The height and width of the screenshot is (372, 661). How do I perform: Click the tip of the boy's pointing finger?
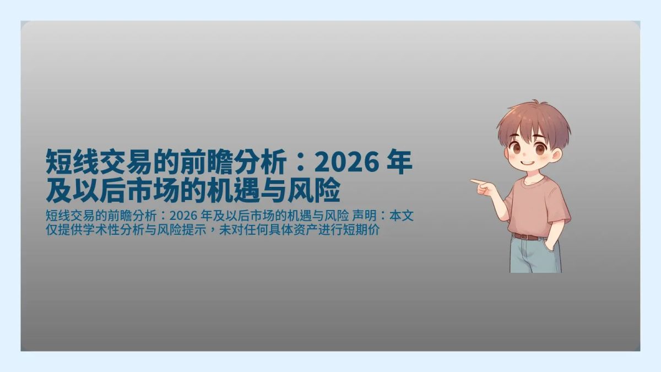pyautogui.click(x=472, y=180)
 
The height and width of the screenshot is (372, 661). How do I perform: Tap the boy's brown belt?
pyautogui.click(x=527, y=236)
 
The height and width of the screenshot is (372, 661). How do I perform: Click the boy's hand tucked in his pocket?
pyautogui.click(x=551, y=242)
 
